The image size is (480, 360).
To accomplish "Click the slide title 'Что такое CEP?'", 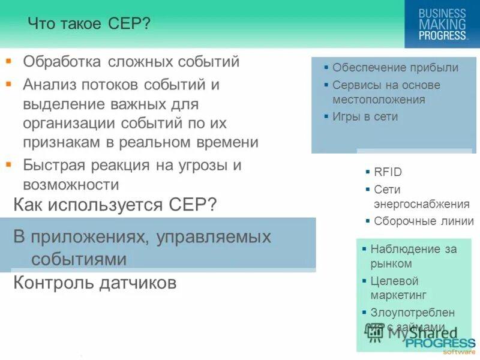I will (x=89, y=25).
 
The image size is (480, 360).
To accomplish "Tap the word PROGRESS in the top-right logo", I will (x=442, y=35).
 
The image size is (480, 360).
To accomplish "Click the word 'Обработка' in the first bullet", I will (x=62, y=62).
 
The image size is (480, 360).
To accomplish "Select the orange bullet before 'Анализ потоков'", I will (x=8, y=84).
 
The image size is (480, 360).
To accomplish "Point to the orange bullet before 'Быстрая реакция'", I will (x=8, y=163).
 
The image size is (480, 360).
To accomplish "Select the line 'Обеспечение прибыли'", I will (x=395, y=68).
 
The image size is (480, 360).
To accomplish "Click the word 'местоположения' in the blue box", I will (x=379, y=100).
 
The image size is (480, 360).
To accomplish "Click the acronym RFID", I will (x=388, y=172).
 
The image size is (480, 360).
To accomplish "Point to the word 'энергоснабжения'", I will (x=421, y=204).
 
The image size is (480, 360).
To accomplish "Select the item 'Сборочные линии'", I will (x=424, y=221).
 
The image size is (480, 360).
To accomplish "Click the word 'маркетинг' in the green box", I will (x=398, y=295).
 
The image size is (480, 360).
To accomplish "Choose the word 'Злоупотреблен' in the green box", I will (x=412, y=313).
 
